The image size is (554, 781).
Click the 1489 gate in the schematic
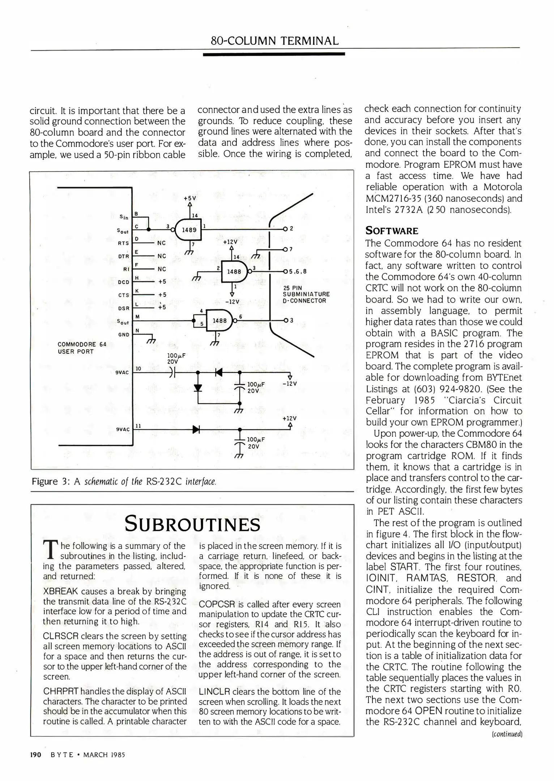(x=188, y=230)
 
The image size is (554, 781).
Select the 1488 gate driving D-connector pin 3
(x=219, y=321)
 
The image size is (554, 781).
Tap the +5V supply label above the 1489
(x=189, y=198)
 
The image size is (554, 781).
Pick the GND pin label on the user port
(x=124, y=334)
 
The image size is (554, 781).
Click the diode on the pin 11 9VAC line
(x=196, y=429)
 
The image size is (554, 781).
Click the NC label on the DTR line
(x=162, y=256)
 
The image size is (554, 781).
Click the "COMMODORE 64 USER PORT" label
(x=82, y=348)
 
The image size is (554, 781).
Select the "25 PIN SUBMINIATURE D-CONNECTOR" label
(x=306, y=294)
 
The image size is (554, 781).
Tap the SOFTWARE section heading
(x=392, y=231)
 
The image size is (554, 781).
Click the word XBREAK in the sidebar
(x=60, y=591)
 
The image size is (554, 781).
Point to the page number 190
(x=36, y=755)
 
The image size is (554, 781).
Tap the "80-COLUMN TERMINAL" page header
(x=274, y=40)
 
